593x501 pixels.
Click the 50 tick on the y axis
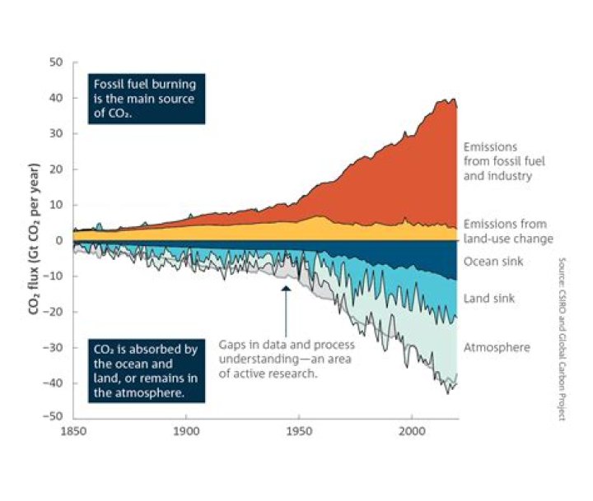pyautogui.click(x=57, y=63)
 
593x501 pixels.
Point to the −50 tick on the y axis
pyautogui.click(x=54, y=419)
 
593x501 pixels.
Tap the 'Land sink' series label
pyautogui.click(x=489, y=298)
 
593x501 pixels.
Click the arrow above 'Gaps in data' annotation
pyautogui.click(x=286, y=308)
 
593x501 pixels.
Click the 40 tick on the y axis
pyautogui.click(x=57, y=98)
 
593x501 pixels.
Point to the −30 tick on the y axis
pyautogui.click(x=54, y=347)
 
